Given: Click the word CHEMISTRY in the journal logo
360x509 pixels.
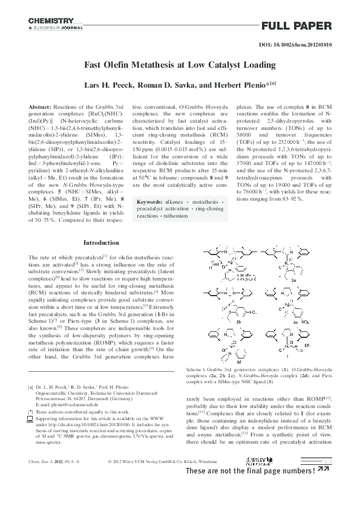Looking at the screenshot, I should [x=51, y=21].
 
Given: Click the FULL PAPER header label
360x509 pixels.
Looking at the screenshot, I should [x=296, y=25].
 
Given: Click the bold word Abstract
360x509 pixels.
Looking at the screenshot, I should [x=40, y=106].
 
